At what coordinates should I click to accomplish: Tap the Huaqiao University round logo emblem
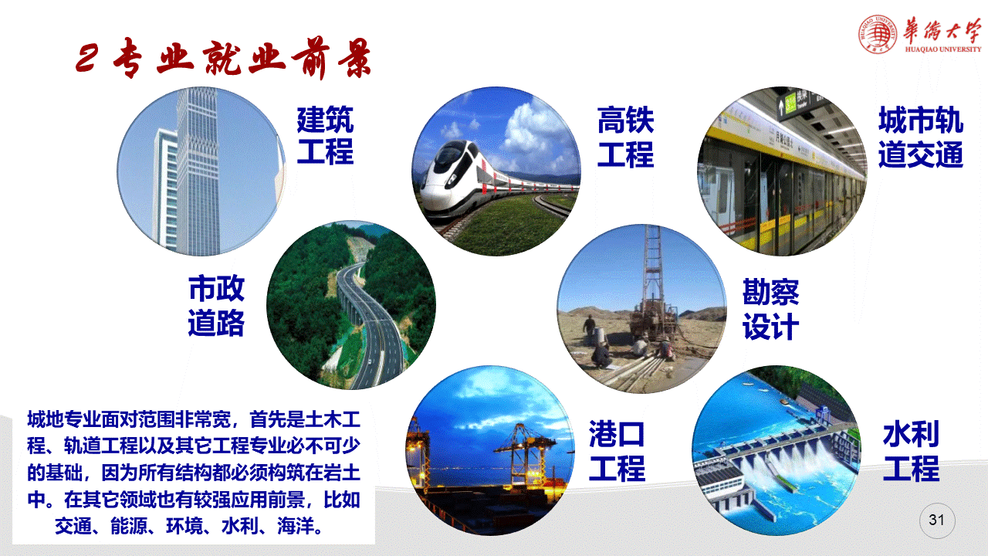tap(878, 34)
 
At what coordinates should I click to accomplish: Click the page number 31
tap(936, 520)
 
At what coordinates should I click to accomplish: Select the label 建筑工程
tap(325, 135)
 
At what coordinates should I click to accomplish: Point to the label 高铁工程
tap(625, 137)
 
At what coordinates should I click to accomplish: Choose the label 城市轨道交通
tap(921, 137)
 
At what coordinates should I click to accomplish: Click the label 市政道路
tap(216, 305)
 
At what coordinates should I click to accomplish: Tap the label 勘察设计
tap(770, 309)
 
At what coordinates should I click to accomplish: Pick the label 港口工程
tap(617, 450)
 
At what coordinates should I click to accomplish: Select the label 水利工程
tap(912, 450)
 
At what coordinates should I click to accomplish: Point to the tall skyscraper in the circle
tap(197, 171)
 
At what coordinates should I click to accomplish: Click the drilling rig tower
tap(652, 273)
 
